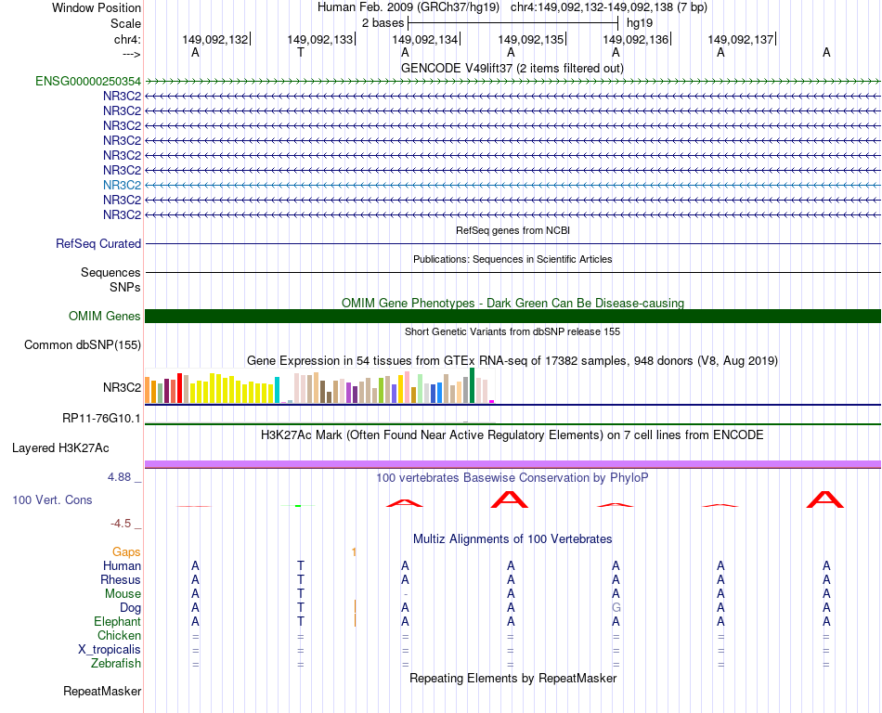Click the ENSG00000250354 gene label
point(88,81)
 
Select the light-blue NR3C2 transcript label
point(122,185)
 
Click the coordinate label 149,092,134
point(425,40)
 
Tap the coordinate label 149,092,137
point(741,40)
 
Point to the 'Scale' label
point(125,23)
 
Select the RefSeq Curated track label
point(98,244)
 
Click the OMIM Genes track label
point(105,317)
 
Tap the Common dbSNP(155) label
point(82,345)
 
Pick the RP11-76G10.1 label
point(101,419)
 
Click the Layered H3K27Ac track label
point(60,447)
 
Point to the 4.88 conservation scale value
point(124,477)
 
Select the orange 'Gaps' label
point(126,552)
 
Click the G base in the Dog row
point(616,607)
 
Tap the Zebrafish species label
point(116,664)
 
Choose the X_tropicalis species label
point(110,650)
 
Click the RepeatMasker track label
point(102,692)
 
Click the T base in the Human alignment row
point(300,565)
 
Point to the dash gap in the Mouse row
point(406,594)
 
